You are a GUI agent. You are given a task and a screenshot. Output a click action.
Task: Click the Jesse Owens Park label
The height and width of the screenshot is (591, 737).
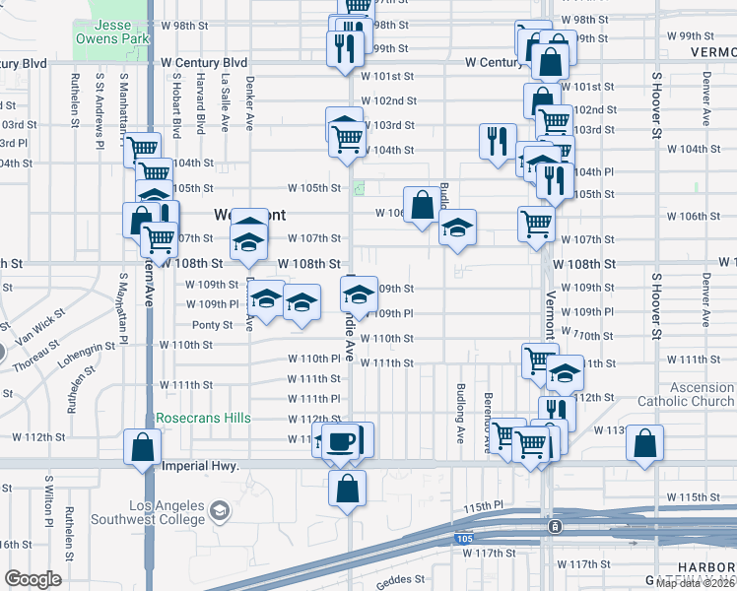[x=112, y=31]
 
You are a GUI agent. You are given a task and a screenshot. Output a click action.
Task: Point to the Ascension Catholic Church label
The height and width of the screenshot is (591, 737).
[x=687, y=394]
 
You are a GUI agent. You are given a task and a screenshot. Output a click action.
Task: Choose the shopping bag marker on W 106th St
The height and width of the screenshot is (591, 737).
[x=422, y=207]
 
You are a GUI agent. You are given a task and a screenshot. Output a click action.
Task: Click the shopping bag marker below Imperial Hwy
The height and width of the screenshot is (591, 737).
[x=347, y=489]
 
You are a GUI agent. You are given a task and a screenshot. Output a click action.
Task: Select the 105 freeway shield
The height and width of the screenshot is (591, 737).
[x=465, y=539]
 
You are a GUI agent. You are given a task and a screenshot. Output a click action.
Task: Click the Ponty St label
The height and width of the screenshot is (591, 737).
[x=212, y=324]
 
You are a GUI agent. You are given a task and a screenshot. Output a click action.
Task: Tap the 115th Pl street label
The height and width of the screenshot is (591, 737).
[x=484, y=506]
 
